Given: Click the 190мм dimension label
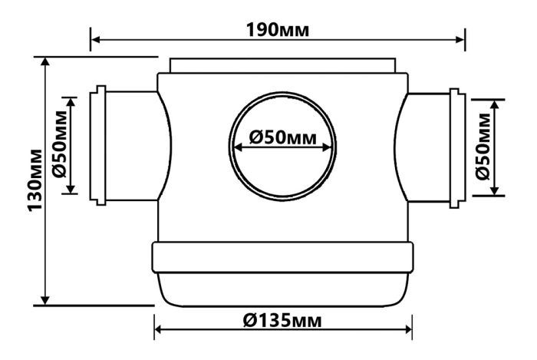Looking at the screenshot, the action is click(278, 30).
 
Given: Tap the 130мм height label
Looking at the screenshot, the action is click(35, 180).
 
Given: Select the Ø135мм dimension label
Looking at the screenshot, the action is click(282, 321).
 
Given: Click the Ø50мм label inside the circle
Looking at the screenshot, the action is click(283, 137).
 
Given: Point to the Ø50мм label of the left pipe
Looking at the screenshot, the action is click(61, 144).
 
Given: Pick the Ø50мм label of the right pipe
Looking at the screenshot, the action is click(483, 147).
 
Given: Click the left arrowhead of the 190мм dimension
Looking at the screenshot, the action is click(96, 40).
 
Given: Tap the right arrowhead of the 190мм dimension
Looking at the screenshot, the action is click(460, 40).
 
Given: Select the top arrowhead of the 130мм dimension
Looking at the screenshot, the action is click(44, 61).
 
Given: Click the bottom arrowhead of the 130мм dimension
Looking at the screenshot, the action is click(44, 299).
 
